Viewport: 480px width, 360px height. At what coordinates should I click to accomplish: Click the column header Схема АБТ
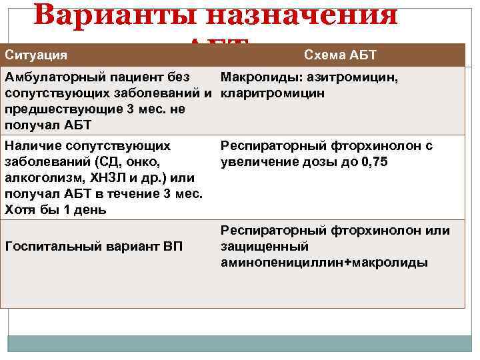click(340, 53)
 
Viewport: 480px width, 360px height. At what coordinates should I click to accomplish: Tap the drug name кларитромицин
click(273, 93)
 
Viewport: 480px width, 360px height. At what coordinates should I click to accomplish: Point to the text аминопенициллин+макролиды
click(324, 263)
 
